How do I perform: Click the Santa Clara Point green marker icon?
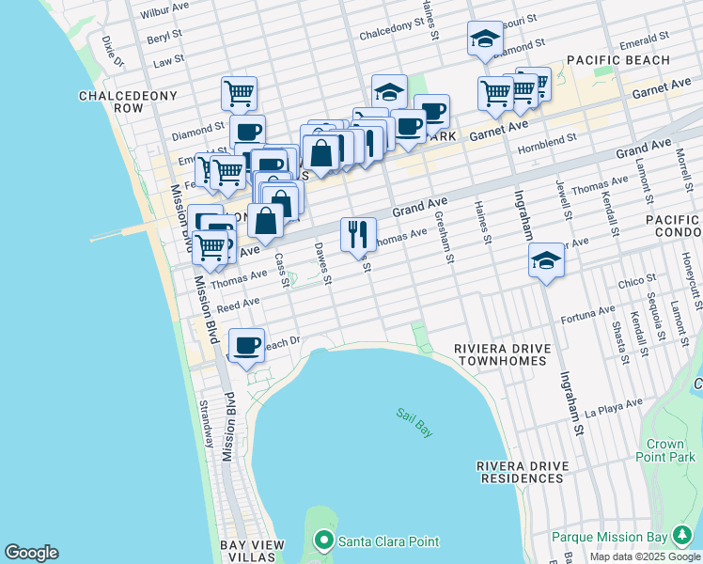click(x=324, y=540)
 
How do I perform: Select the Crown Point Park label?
click(x=671, y=450)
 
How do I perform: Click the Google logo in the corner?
click(x=31, y=553)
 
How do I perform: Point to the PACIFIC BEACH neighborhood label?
click(x=618, y=60)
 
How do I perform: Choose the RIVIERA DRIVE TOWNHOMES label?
click(x=500, y=353)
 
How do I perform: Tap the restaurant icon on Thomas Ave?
click(x=358, y=234)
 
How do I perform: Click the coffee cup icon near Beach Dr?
click(x=247, y=345)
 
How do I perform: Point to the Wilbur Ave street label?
click(x=164, y=14)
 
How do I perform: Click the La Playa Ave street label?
click(x=613, y=408)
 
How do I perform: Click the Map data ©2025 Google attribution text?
click(x=646, y=556)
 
